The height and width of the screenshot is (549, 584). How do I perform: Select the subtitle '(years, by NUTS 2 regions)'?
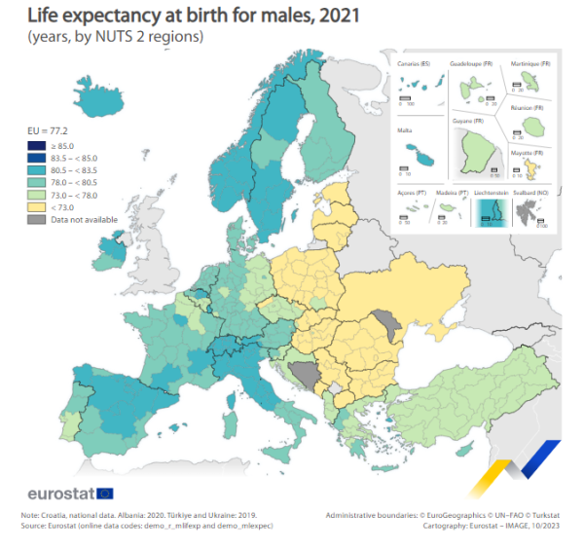(107, 37)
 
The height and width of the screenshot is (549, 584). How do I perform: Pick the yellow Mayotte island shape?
(533, 168)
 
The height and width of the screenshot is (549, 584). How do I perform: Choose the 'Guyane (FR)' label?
(467, 121)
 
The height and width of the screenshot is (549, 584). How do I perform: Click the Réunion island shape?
(533, 125)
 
